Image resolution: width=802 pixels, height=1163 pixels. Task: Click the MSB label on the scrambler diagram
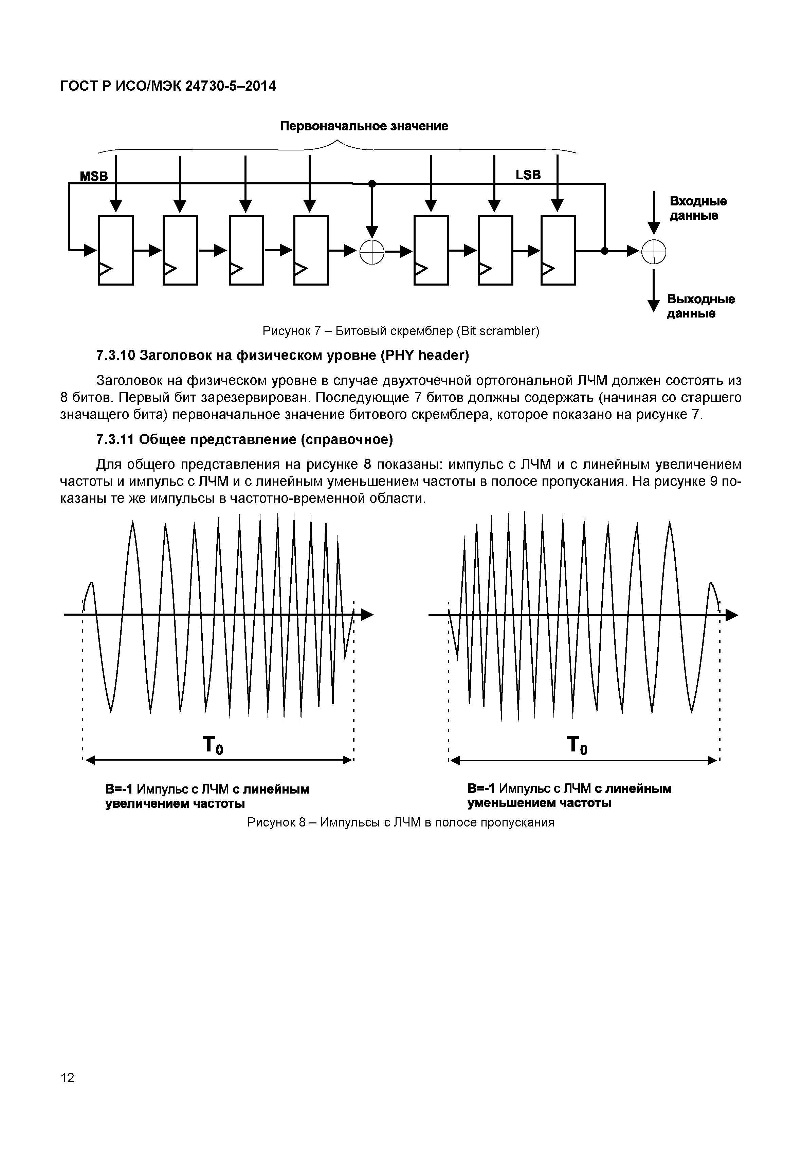tap(94, 177)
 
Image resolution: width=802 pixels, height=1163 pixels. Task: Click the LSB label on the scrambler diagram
tap(528, 175)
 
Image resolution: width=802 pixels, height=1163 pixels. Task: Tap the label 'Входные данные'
tap(698, 208)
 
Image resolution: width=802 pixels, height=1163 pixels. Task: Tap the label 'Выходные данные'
tap(700, 306)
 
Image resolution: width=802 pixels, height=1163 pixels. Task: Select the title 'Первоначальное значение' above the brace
tap(364, 126)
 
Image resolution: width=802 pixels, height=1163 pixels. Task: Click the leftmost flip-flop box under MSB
tap(115, 250)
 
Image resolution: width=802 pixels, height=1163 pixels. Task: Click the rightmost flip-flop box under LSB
tap(558, 250)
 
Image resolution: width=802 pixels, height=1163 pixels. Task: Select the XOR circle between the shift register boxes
tap(372, 251)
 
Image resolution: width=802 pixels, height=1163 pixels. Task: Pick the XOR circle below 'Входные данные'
tap(654, 251)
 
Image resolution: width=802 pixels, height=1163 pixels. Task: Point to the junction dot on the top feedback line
tap(372, 184)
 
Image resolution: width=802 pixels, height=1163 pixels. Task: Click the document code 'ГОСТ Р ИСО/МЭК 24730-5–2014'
tap(168, 87)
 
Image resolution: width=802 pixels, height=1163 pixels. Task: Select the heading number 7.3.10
tap(115, 356)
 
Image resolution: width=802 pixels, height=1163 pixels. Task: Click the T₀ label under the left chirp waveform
tap(213, 745)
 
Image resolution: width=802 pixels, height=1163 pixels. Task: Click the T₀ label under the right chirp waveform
tap(577, 745)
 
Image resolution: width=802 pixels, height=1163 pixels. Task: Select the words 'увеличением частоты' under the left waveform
tap(175, 804)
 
